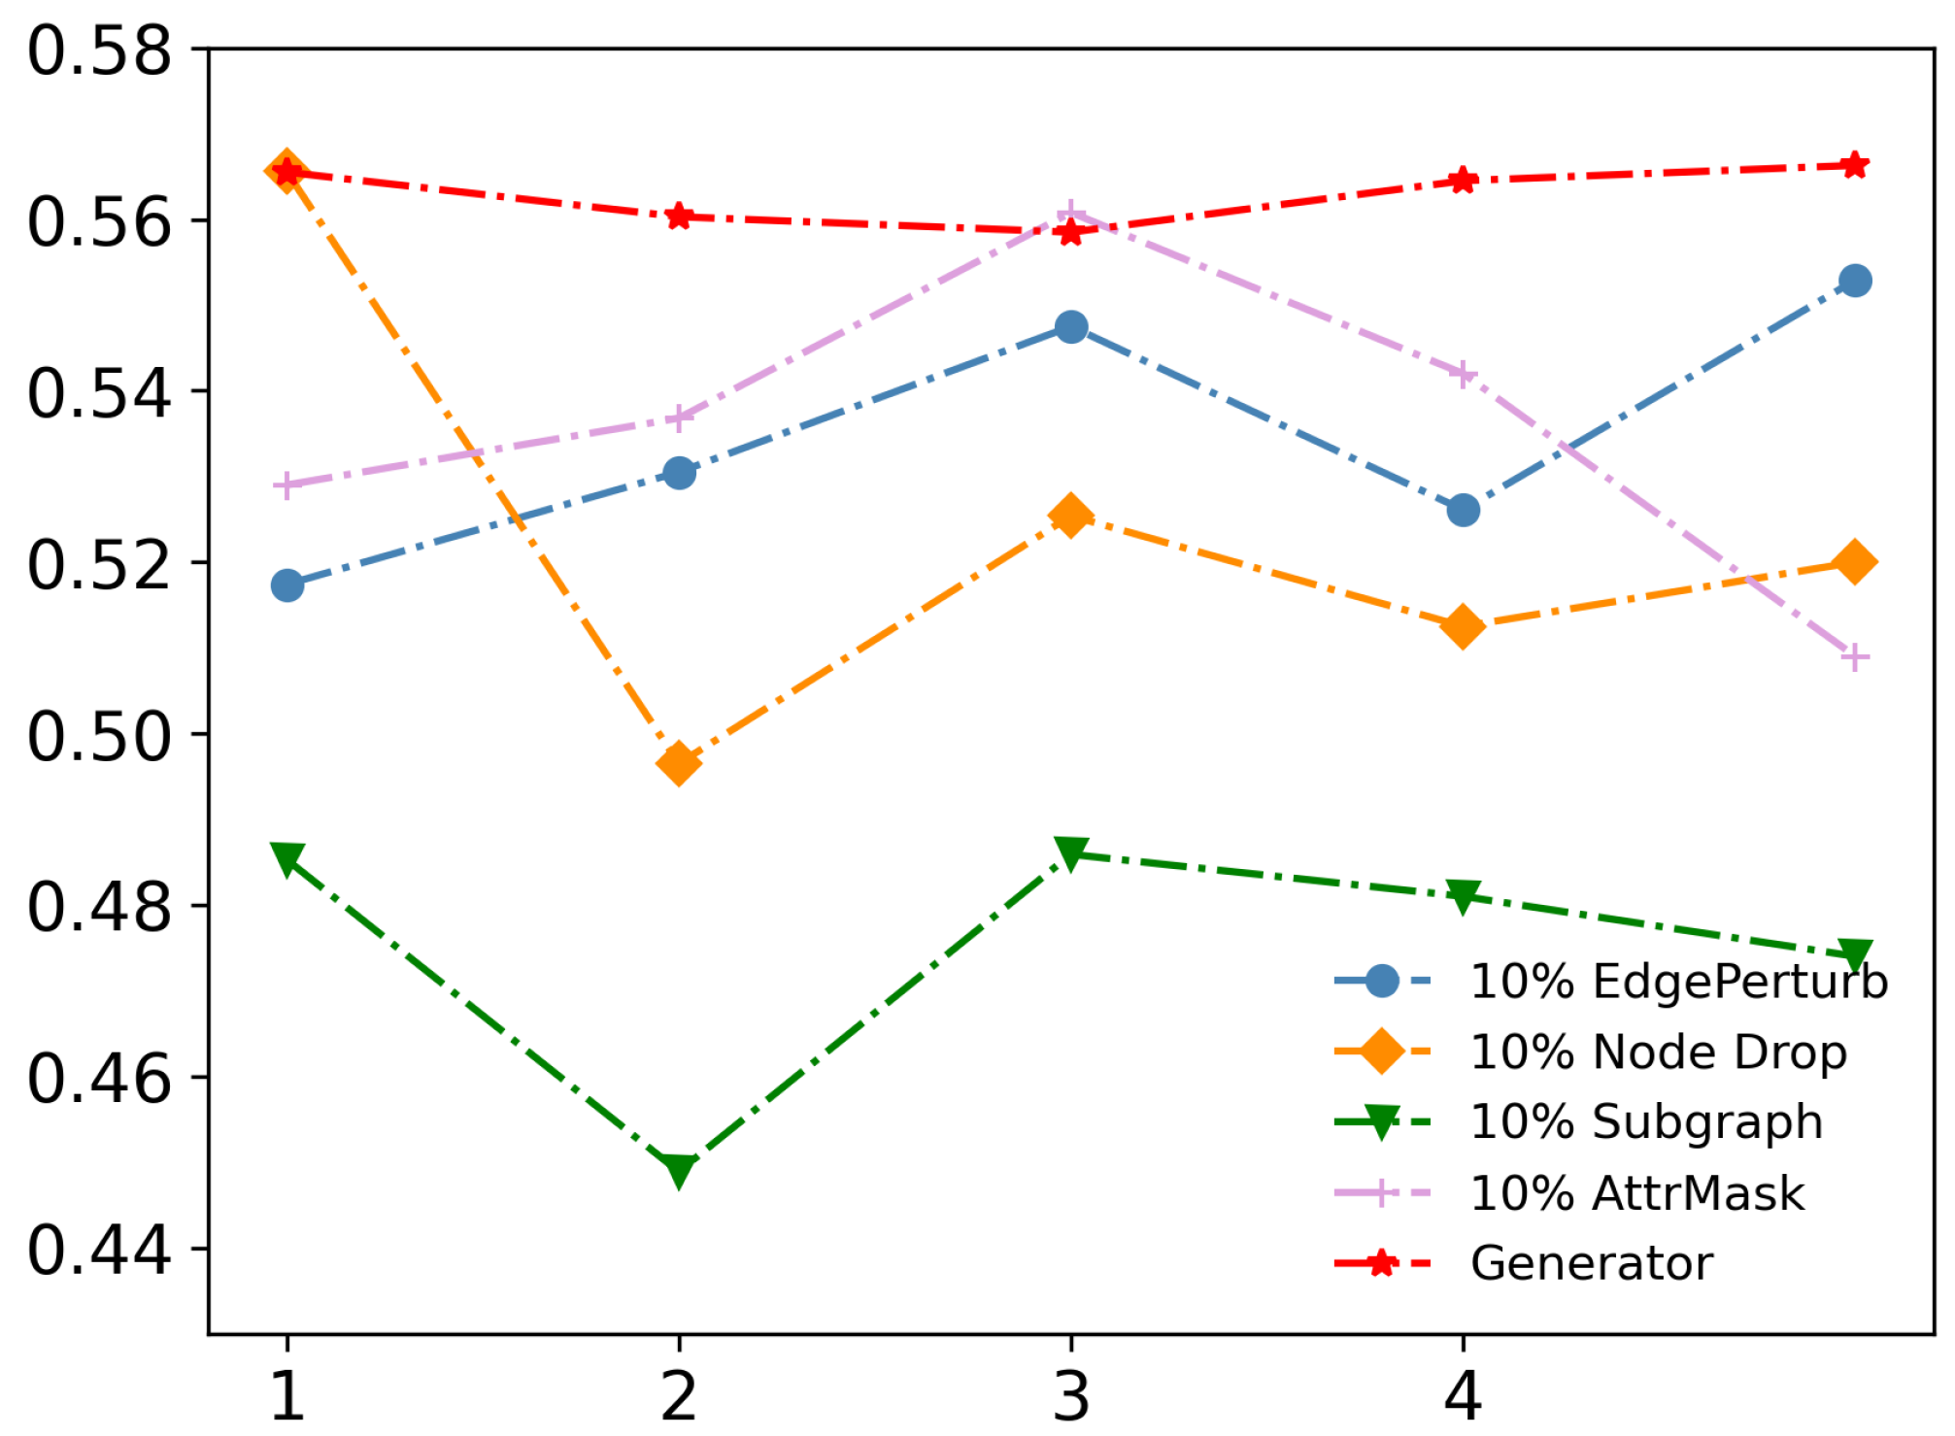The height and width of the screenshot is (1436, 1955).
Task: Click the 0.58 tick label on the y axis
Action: point(99,50)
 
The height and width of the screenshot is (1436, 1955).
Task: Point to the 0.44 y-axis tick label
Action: point(99,1250)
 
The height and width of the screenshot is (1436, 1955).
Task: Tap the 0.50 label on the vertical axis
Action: point(99,736)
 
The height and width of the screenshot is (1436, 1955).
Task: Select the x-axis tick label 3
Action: point(1071,1396)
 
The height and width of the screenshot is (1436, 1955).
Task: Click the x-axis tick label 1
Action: point(287,1396)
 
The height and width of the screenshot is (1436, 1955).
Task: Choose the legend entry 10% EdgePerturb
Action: point(1678,981)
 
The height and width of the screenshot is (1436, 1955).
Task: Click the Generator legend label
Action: point(1592,1263)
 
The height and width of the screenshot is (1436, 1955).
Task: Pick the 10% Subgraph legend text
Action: point(1646,1122)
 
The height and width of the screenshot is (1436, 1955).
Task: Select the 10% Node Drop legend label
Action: point(1658,1052)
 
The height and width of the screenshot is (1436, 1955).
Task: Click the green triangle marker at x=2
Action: point(680,1169)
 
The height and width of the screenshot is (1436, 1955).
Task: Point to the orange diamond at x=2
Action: point(680,763)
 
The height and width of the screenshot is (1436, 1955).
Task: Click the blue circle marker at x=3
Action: point(1071,327)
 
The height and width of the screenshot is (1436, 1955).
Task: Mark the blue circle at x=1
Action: point(287,585)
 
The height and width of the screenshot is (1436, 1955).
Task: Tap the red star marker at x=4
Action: point(1464,180)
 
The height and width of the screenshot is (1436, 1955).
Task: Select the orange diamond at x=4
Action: point(1464,626)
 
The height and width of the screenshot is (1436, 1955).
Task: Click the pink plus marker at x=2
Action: point(680,418)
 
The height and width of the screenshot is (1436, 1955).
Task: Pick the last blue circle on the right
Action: point(1855,281)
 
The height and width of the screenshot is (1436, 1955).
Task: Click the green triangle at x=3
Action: point(1071,853)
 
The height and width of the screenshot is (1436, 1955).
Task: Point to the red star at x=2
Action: point(680,216)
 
